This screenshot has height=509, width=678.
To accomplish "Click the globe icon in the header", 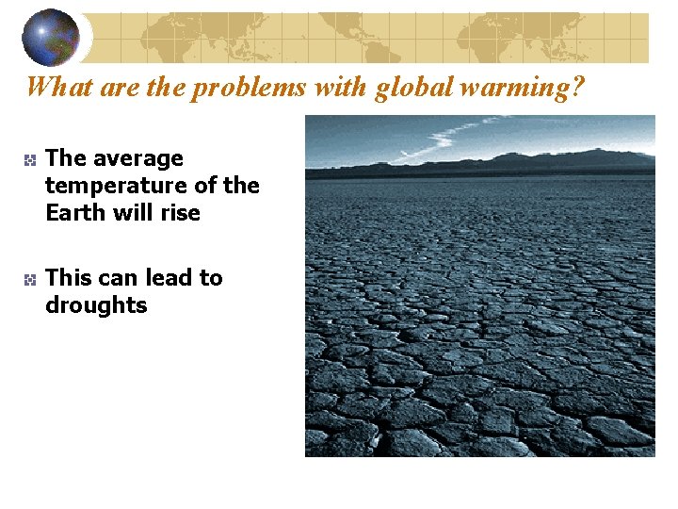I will pyautogui.click(x=51, y=36).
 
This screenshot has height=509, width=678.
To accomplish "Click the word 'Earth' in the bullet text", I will pyautogui.click(x=73, y=212).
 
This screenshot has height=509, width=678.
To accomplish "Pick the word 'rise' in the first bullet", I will pyautogui.click(x=181, y=212).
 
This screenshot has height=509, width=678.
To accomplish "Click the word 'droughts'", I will pyautogui.click(x=96, y=305).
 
